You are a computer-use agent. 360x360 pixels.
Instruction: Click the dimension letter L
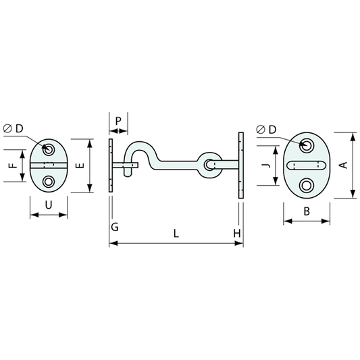pyautogui.click(x=176, y=234)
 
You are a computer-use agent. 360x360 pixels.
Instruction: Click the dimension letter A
pyautogui.click(x=342, y=164)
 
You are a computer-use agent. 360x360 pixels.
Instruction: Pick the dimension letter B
pyautogui.click(x=306, y=211)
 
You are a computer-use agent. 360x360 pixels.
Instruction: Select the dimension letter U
pyautogui.click(x=48, y=205)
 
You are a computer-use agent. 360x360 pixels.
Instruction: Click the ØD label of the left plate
pyautogui.click(x=13, y=128)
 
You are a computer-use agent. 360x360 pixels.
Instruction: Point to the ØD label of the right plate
pyautogui.click(x=267, y=129)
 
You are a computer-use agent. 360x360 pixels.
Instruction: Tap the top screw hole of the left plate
pyautogui.click(x=49, y=148)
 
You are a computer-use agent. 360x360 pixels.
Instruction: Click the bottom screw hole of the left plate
pyautogui.click(x=49, y=182)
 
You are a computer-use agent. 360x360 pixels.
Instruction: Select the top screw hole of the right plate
pyautogui.click(x=307, y=145)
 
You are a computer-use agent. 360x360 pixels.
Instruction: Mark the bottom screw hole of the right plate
pyautogui.click(x=307, y=186)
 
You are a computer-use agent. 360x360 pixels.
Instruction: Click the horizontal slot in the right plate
pyautogui.click(x=306, y=165)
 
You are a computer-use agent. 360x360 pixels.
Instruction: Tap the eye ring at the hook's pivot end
pyautogui.click(x=210, y=164)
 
